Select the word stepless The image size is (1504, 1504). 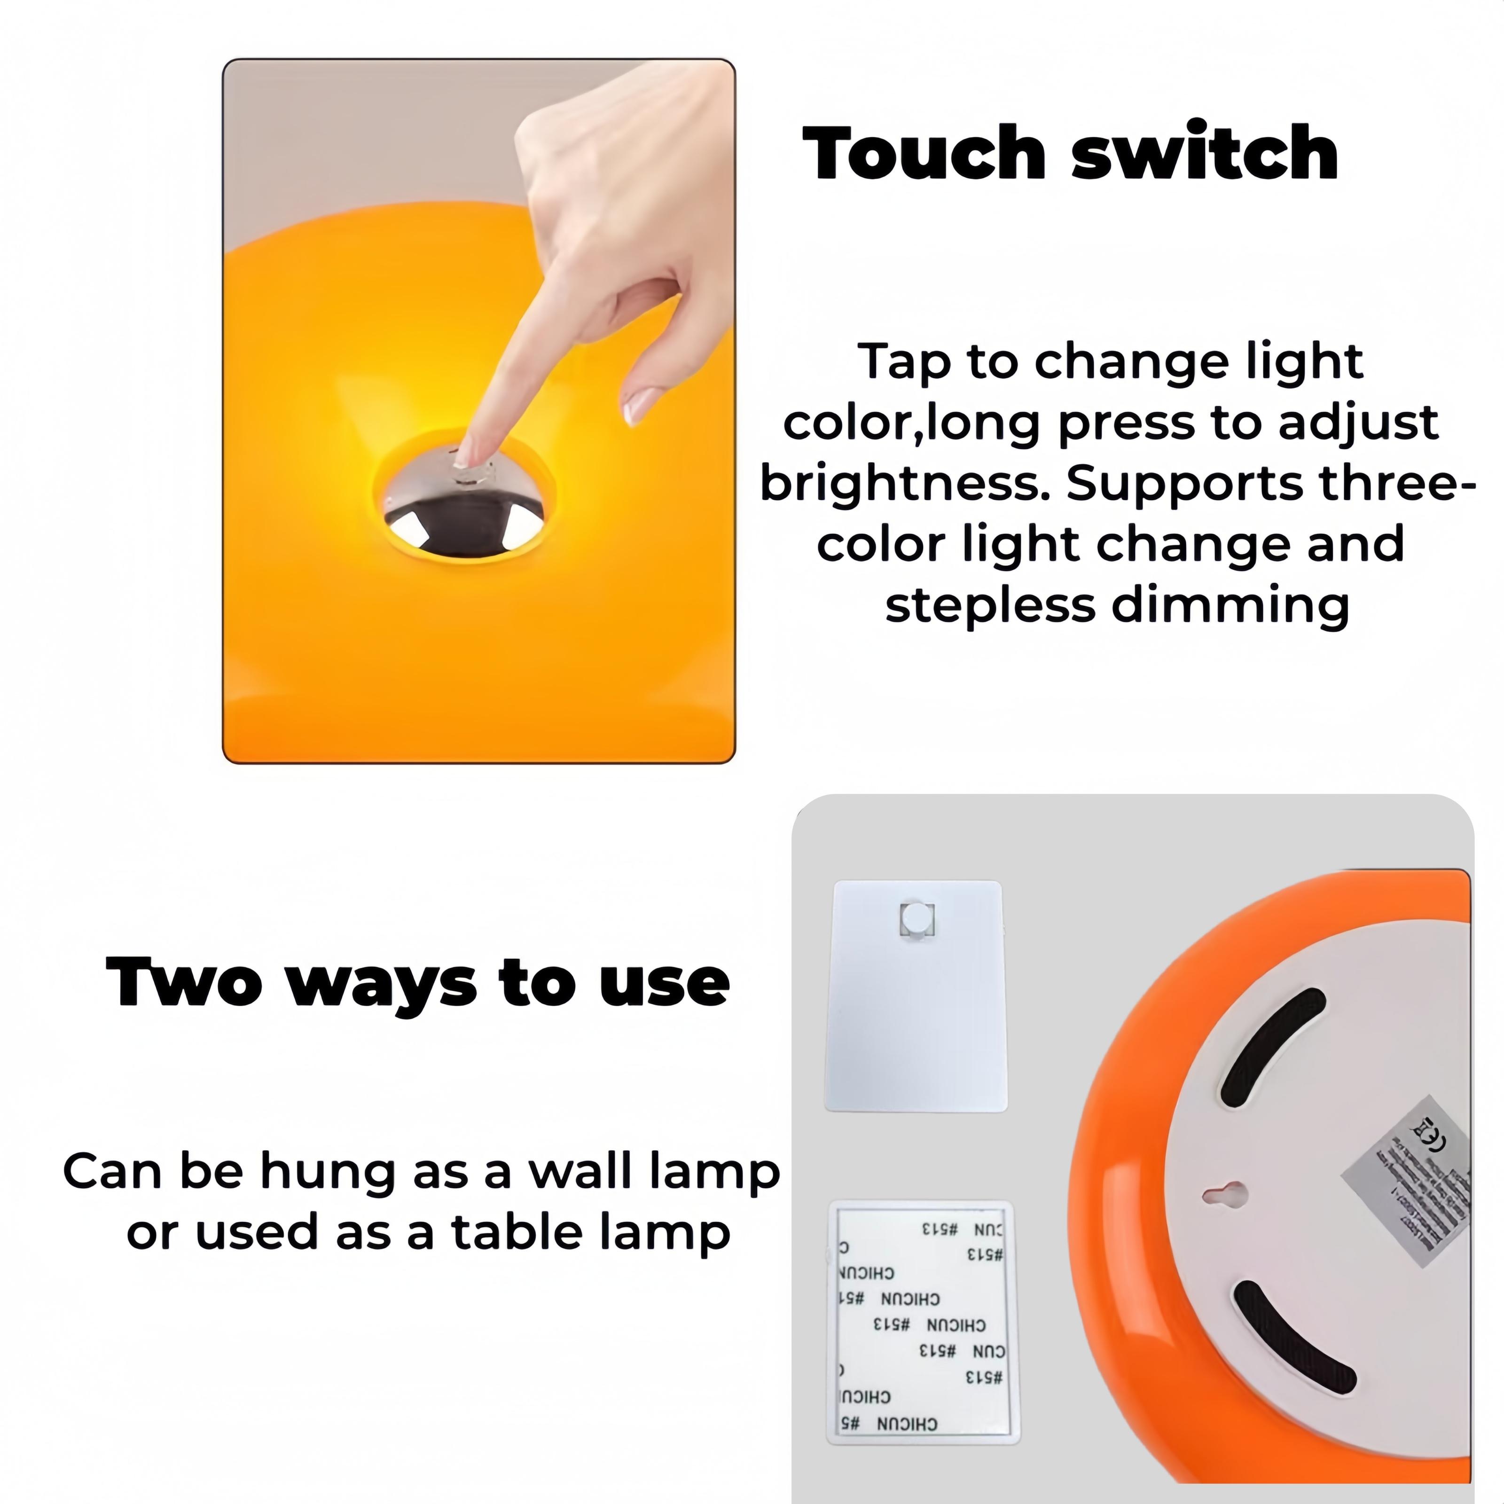coord(989,606)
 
